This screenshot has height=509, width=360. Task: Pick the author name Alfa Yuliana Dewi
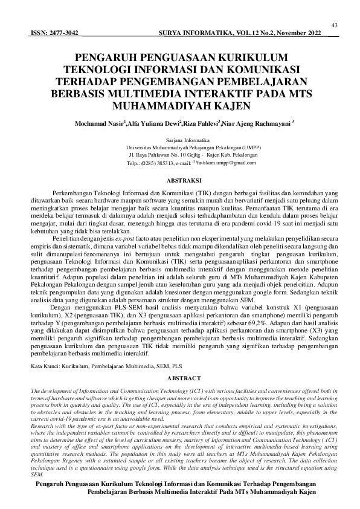click(150, 124)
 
